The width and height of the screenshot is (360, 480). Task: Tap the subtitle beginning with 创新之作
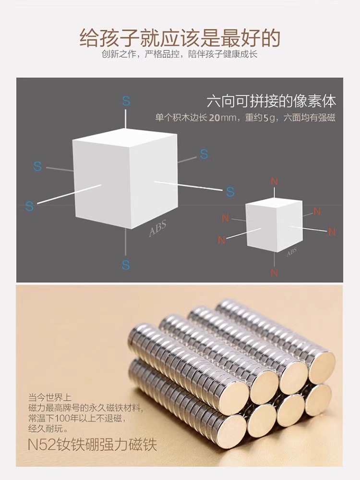[180, 54]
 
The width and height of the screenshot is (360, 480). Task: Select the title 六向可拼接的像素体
[271, 101]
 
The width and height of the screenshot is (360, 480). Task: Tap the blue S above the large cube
[126, 101]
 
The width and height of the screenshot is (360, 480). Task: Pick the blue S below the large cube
[126, 265]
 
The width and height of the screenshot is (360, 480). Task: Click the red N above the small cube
[274, 182]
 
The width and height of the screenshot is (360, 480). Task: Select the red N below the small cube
[274, 273]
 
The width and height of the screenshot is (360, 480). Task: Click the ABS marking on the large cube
[157, 229]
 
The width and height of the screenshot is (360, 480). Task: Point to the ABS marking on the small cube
[291, 252]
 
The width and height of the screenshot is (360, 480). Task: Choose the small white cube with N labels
[274, 226]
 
